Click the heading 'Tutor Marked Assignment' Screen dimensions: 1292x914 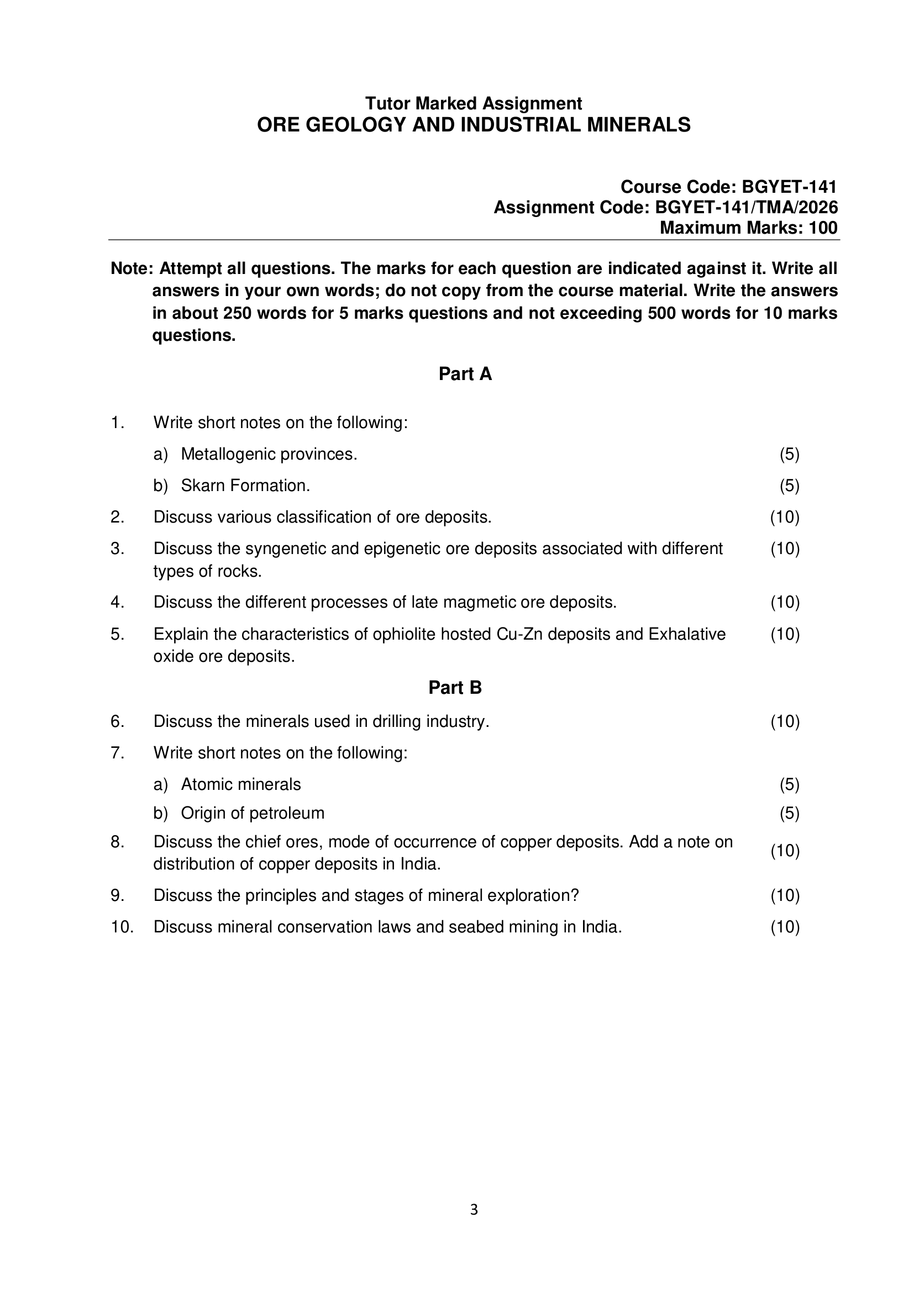pyautogui.click(x=474, y=103)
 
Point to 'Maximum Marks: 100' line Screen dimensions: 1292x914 pyautogui.click(x=748, y=228)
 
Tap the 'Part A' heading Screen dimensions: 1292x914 pyautogui.click(x=465, y=374)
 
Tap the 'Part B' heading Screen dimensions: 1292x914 pyautogui.click(x=455, y=688)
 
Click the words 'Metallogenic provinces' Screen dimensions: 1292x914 pyautogui.click(x=268, y=454)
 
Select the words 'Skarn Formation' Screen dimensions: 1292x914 pyautogui.click(x=245, y=486)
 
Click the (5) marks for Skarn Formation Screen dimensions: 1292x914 pyautogui.click(x=789, y=486)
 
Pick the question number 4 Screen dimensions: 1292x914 pyautogui.click(x=117, y=603)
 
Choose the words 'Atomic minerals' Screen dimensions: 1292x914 pyautogui.click(x=241, y=784)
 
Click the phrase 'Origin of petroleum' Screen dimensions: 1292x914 pyautogui.click(x=253, y=813)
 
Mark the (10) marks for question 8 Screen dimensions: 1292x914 pyautogui.click(x=785, y=851)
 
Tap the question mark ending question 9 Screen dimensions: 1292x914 pyautogui.click(x=575, y=895)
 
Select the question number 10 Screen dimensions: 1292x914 pyautogui.click(x=122, y=927)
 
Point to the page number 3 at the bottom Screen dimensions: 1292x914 pyautogui.click(x=474, y=1209)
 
